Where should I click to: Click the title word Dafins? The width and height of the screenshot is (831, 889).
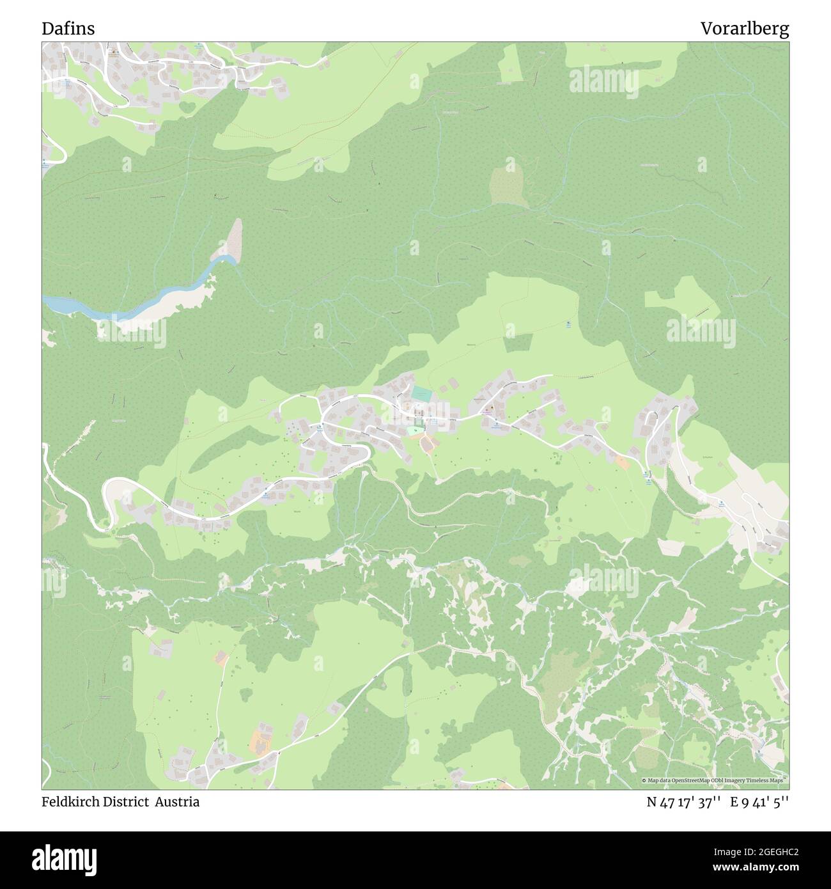click(68, 29)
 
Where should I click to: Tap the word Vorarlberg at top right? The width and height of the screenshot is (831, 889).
click(744, 29)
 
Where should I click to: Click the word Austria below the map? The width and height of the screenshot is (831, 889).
click(180, 802)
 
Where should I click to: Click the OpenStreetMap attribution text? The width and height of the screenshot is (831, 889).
click(714, 781)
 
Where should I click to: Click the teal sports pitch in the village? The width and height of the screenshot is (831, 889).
click(421, 394)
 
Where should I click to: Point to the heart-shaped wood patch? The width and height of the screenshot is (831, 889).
click(188, 107)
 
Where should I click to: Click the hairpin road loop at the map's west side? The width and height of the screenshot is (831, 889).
click(109, 499)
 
